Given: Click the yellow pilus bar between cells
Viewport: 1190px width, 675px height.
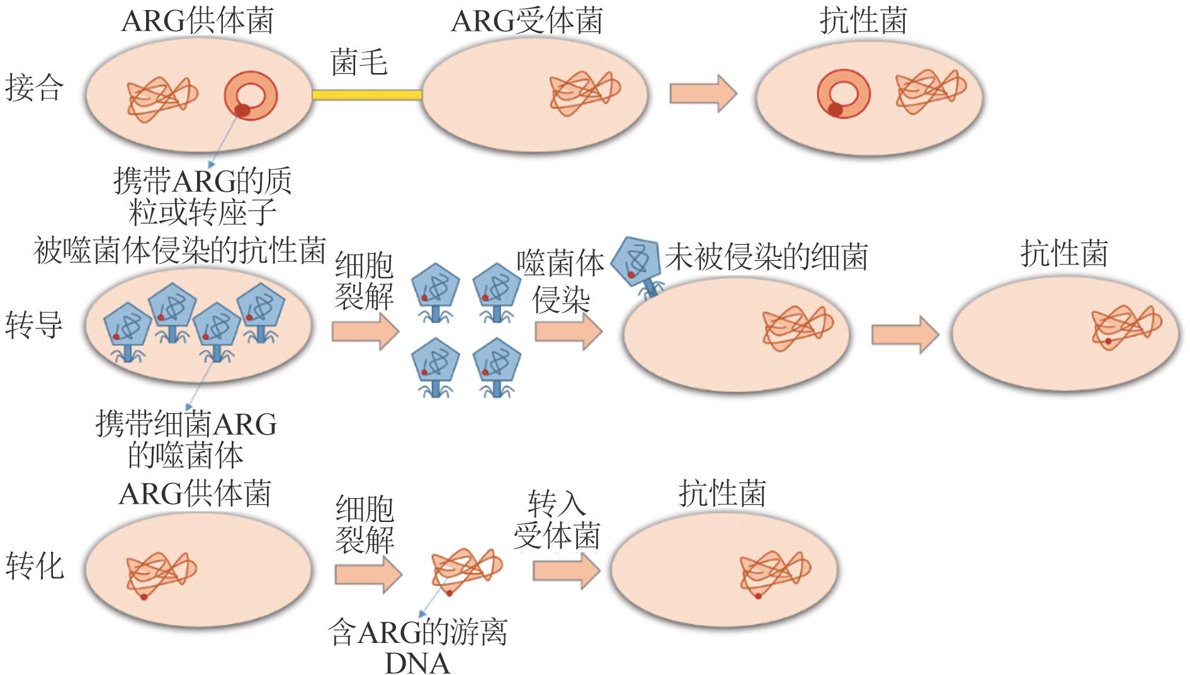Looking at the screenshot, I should (x=367, y=94).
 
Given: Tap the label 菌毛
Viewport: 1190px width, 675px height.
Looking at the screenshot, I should (x=359, y=64).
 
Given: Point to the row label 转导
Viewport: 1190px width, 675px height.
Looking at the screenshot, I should (x=35, y=326).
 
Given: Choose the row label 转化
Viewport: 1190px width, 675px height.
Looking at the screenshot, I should (x=35, y=565).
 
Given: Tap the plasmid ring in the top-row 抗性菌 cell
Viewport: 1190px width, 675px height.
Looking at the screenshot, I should (x=844, y=94).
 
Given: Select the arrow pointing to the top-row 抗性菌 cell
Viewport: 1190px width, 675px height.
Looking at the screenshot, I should (x=703, y=93).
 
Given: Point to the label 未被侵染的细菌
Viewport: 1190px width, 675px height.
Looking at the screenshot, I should (x=766, y=257).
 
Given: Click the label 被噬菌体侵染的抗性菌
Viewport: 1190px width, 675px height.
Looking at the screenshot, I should (x=180, y=251).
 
